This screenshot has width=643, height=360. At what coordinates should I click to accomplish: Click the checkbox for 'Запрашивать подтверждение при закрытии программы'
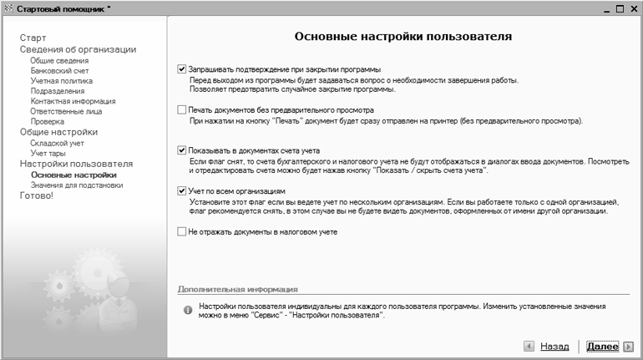pos(182,69)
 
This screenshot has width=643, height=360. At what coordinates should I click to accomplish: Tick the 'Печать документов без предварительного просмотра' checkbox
pos(182,109)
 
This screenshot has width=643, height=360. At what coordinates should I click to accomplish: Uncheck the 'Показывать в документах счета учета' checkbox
pos(182,150)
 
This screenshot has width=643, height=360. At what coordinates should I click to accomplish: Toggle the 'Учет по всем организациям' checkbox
pos(182,191)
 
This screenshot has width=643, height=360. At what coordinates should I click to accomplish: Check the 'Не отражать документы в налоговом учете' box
pos(182,231)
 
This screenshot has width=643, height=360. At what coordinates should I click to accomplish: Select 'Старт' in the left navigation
pos(33,38)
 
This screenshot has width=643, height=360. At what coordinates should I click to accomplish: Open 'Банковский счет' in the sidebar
pos(58,71)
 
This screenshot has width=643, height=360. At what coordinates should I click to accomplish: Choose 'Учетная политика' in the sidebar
pos(61,81)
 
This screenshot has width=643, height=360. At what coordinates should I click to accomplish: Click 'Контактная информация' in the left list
pos(73,101)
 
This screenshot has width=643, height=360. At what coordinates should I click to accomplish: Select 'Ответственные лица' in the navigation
pos(67,111)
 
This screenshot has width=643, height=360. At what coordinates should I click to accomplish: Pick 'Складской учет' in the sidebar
pos(58,144)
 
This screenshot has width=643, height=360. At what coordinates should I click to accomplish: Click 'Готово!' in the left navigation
pos(36,195)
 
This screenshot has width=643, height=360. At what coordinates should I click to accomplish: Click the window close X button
pos(633,8)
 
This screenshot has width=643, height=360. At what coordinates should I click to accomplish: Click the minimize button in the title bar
pos(605,8)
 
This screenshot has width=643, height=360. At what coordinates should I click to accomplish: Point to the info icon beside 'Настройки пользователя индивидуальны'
pos(188,310)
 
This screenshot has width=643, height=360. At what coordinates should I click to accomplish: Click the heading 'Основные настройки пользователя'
pos(403,38)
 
